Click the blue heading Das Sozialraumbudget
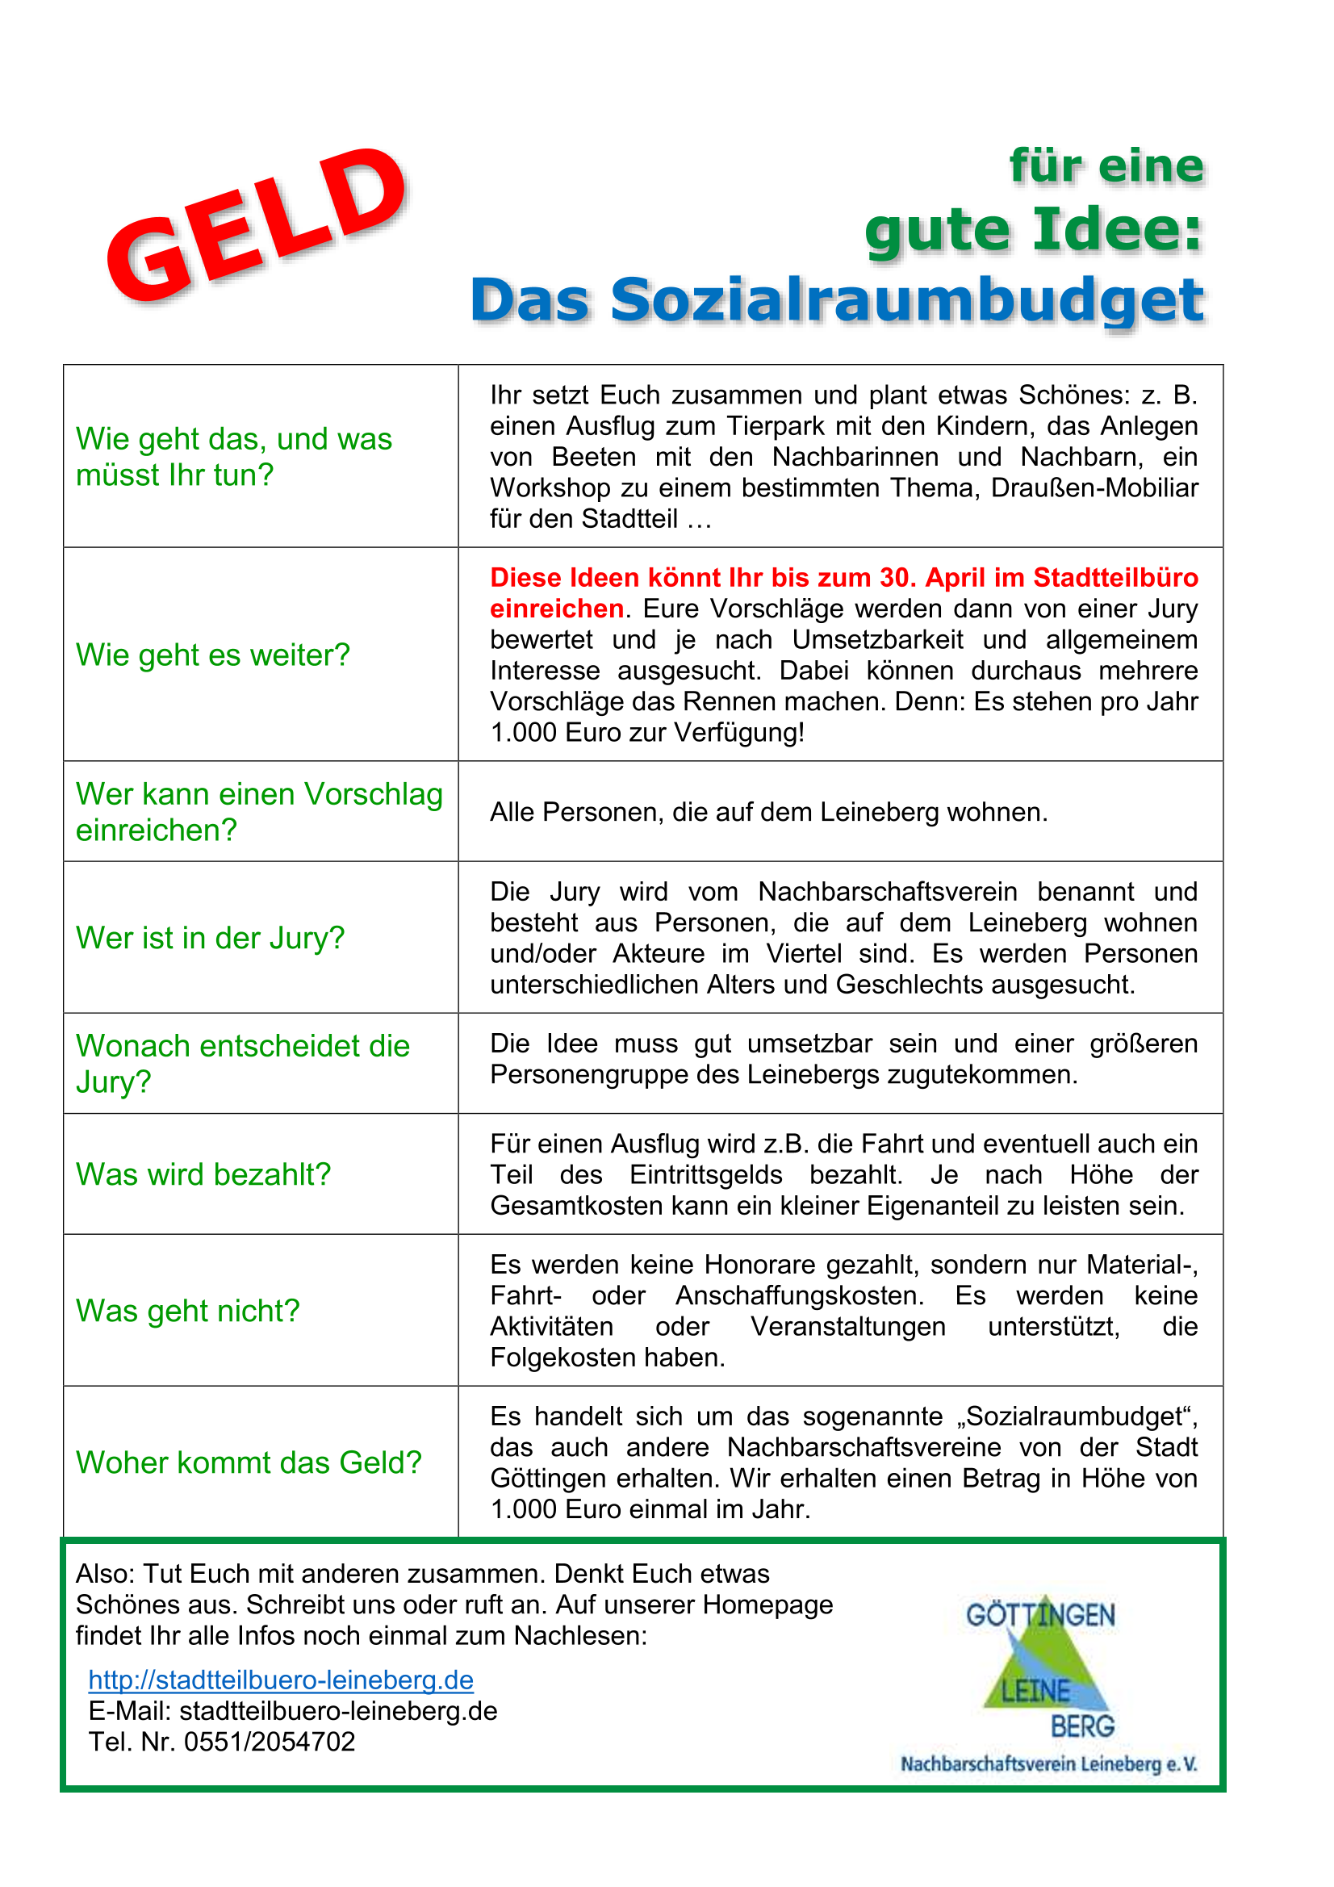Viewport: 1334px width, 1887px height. [x=836, y=300]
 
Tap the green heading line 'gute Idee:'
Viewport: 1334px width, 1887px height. [x=1033, y=230]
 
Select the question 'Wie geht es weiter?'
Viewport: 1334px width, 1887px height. [x=213, y=655]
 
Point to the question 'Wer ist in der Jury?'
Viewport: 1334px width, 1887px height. [x=210, y=938]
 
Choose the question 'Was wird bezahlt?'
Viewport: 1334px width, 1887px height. [x=203, y=1174]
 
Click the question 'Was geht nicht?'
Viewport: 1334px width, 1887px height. [x=187, y=1311]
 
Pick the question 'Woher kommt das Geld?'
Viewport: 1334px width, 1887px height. [x=249, y=1463]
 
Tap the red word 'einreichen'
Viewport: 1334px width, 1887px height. [x=557, y=609]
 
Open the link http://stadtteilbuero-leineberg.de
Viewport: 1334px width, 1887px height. [x=281, y=1680]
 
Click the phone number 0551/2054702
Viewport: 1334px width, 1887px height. [x=270, y=1742]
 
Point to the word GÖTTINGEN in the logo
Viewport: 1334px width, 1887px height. [x=1039, y=1616]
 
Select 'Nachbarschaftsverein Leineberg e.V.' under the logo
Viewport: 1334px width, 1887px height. [x=1049, y=1764]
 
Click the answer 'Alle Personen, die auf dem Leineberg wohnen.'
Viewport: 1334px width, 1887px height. [x=768, y=812]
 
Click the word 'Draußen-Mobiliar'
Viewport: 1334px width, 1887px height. [x=1094, y=488]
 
